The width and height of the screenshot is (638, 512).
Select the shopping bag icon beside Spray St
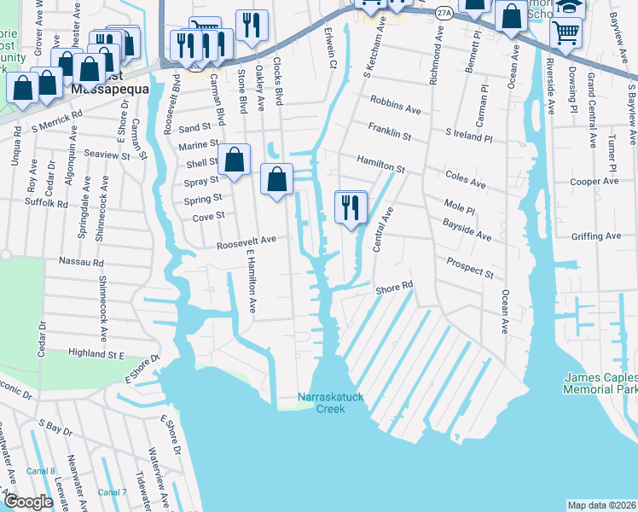click(234, 160)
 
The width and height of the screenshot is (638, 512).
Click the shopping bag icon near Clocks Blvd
click(276, 179)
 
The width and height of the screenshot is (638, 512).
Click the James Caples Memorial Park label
click(600, 383)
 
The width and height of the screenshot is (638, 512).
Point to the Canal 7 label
click(112, 492)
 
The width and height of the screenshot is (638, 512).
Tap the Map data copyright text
click(601, 505)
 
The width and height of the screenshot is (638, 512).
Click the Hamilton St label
click(380, 166)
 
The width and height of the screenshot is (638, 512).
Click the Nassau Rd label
click(81, 262)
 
